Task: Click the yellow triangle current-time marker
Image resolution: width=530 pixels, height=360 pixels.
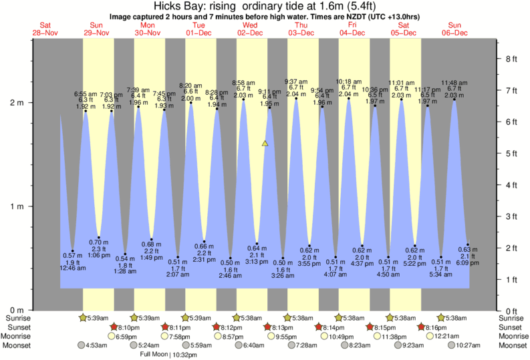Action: (x=265, y=143)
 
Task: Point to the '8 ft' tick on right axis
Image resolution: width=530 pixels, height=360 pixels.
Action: (x=512, y=59)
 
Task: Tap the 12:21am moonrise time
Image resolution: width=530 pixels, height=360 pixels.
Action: (x=465, y=336)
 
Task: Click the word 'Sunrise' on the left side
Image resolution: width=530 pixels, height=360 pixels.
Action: (x=17, y=319)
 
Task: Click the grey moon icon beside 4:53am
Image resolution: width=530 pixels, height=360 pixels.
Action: (x=81, y=345)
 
